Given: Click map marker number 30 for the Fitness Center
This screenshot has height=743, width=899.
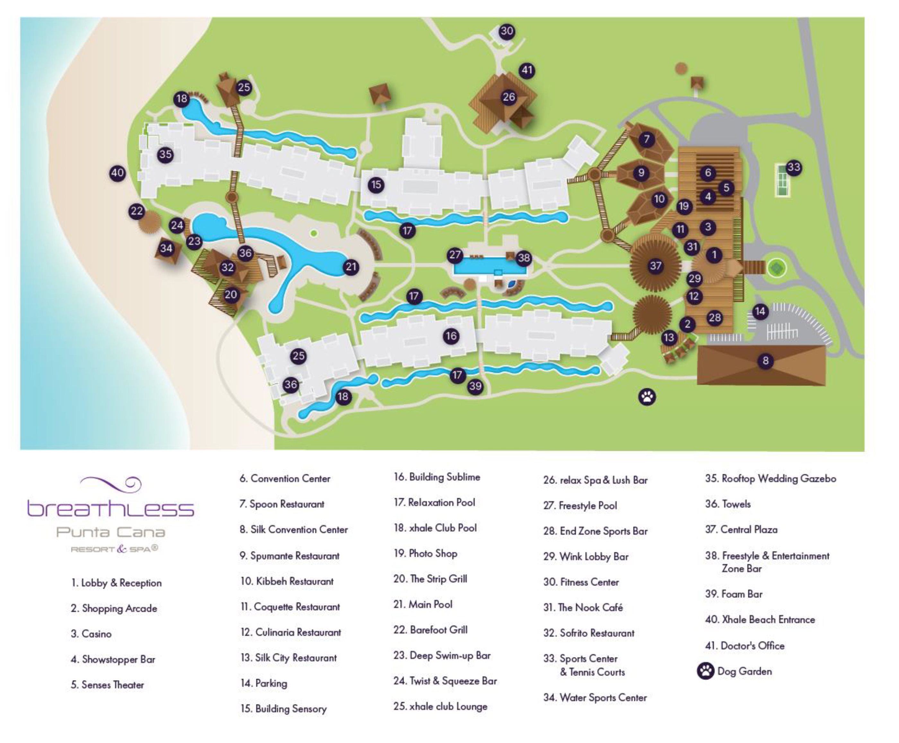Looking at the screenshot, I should tap(507, 31).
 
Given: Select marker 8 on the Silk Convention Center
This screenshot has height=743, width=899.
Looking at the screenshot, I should tap(765, 361).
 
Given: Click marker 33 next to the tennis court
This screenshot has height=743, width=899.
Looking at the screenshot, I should tap(794, 167).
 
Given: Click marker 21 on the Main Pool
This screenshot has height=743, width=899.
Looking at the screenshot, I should tap(351, 267).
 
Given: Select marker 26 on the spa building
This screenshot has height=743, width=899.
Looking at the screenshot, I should tap(509, 97).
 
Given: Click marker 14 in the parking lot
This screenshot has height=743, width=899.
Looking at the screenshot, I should tap(760, 311).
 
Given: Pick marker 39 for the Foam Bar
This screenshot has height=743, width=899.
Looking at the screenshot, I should tap(475, 386).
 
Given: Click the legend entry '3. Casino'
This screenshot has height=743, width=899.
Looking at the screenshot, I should tap(91, 634).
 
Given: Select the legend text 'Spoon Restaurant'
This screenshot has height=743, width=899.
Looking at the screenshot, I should tap(286, 504).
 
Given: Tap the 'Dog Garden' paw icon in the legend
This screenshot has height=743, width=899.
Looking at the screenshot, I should tap(705, 671).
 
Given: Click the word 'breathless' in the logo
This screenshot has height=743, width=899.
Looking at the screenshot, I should tap(110, 508).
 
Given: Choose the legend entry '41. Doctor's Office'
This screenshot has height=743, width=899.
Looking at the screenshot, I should tap(745, 645).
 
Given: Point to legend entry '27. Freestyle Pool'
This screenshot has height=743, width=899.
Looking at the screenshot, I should tap(580, 506).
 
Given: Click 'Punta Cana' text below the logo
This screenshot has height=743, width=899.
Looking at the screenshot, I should tap(110, 532).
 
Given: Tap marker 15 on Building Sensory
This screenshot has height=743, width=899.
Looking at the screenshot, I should tap(376, 185).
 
